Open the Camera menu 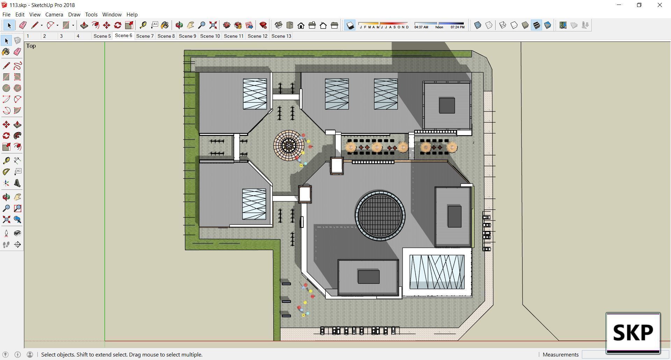point(54,14)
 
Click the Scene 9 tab point(187,36)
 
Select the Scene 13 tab point(281,36)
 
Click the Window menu point(111,14)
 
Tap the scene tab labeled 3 point(62,36)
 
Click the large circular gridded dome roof point(380,215)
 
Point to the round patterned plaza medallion point(289,145)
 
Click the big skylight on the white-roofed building point(437,272)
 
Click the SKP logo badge point(633,332)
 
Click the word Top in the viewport point(31,46)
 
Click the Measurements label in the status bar point(560,354)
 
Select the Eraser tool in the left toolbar point(17,52)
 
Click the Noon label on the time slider point(439,27)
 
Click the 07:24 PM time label point(457,27)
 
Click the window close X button point(659,5)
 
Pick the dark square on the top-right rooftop point(447,106)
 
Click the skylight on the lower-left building point(254,204)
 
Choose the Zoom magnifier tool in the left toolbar point(6,208)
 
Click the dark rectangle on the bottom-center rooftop point(368,277)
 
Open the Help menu point(132,14)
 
